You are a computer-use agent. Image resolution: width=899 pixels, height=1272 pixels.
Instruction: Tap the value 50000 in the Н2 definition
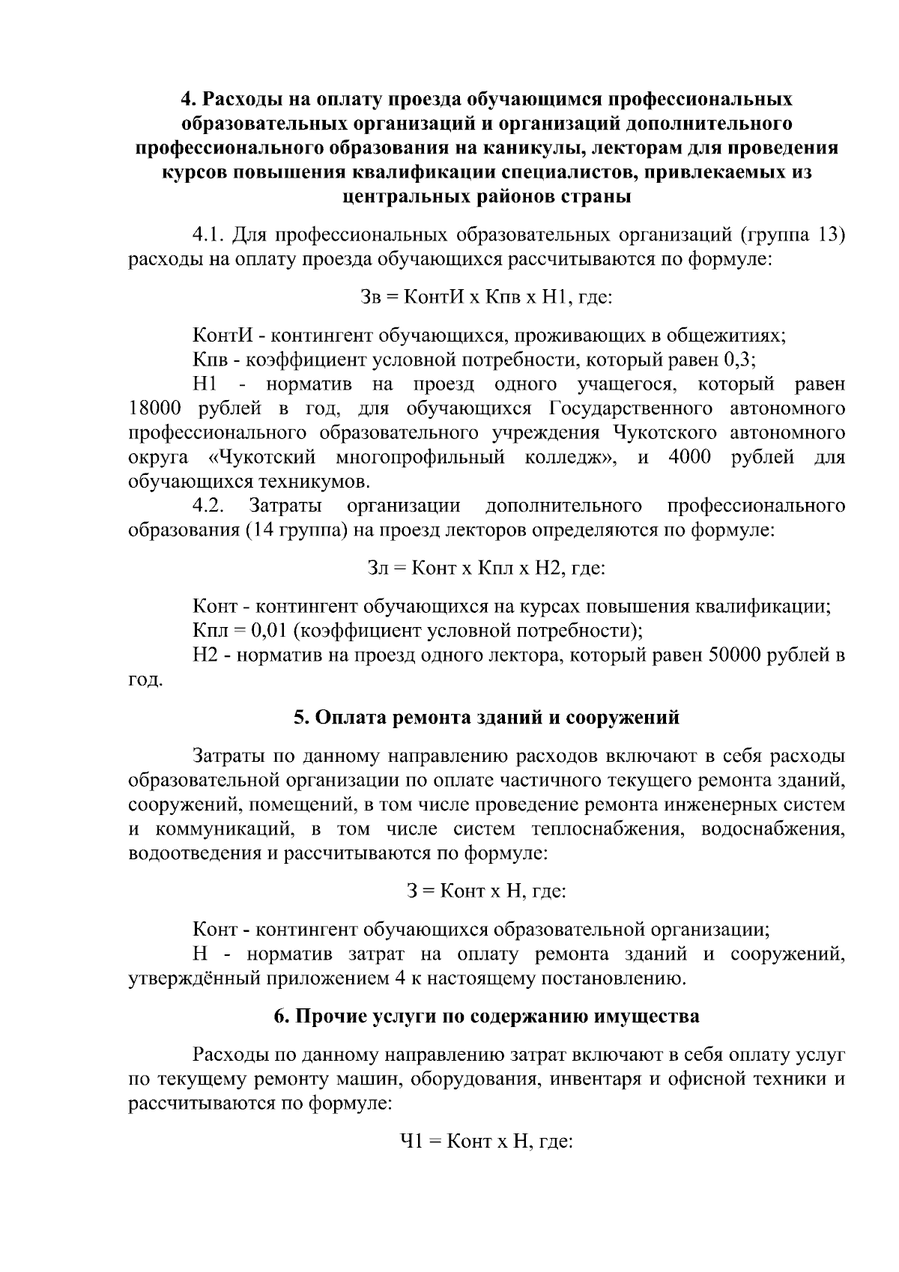[736, 655]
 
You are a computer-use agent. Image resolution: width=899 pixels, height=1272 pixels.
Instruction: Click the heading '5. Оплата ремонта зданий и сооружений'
[486, 718]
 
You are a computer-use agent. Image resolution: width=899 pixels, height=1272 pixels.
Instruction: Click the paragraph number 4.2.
[209, 506]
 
